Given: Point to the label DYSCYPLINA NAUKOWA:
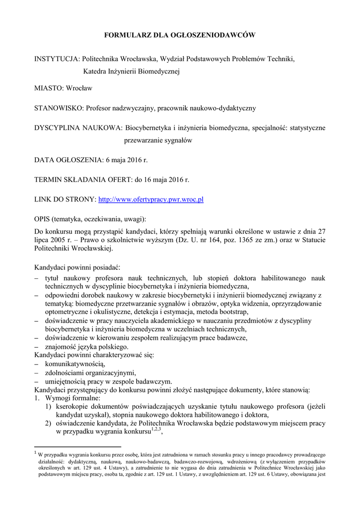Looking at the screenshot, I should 78,128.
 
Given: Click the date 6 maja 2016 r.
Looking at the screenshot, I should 127,160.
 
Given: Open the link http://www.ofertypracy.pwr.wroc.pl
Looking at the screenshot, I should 151,199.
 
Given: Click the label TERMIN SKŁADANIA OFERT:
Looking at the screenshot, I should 88,180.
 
